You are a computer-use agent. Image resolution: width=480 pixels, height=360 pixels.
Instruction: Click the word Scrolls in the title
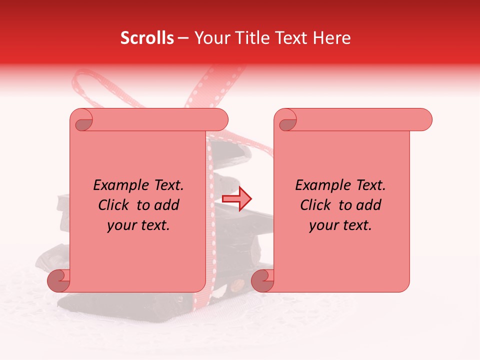(x=147, y=38)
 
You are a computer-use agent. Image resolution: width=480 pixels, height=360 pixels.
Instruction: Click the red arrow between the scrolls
(x=237, y=199)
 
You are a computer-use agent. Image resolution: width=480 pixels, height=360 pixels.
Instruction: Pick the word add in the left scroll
(x=167, y=205)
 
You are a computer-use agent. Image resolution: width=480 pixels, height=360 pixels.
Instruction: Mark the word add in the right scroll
(x=369, y=205)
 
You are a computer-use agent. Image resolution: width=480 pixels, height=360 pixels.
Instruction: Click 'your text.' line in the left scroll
(x=138, y=225)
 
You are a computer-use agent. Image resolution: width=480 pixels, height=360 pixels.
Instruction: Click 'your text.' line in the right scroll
(x=340, y=225)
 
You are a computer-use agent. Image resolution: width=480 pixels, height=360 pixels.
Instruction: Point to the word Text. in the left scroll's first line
(x=166, y=185)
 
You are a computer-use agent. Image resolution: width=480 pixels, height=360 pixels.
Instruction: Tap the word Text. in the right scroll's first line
(x=368, y=185)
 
